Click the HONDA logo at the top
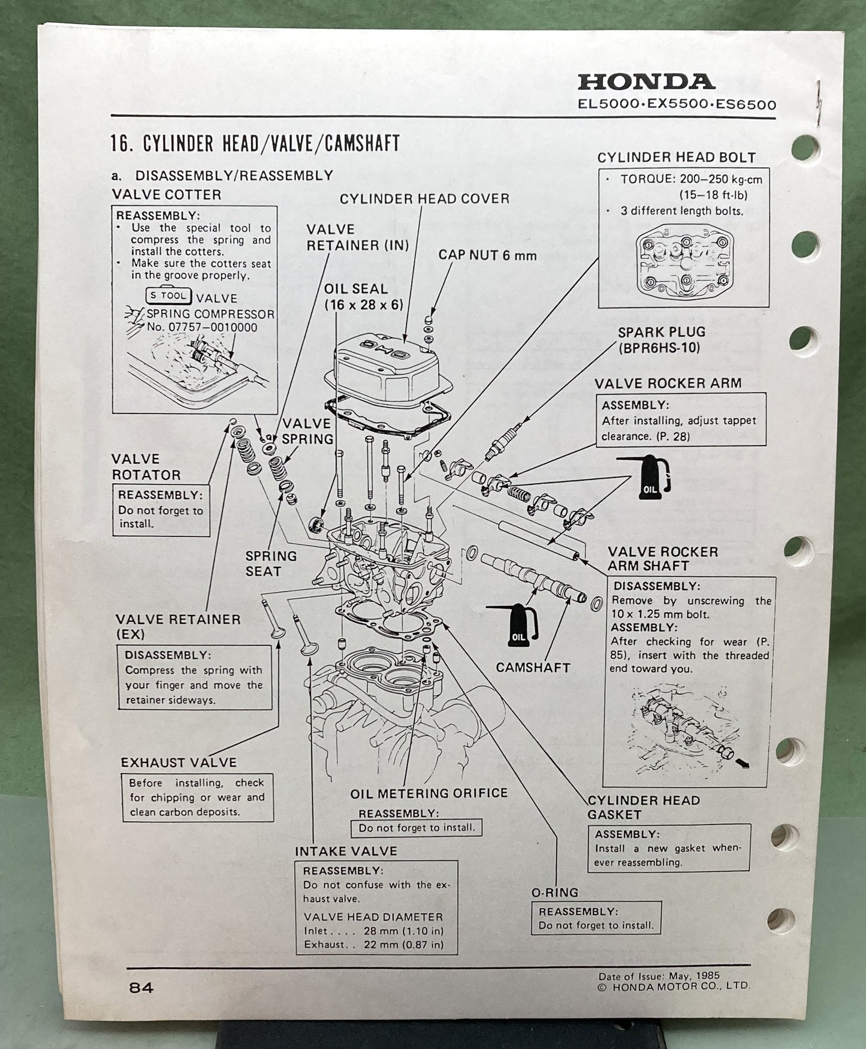pos(646,82)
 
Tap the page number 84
pos(141,988)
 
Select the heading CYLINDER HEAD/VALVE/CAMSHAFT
pos(255,144)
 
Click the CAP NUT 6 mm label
pos(487,255)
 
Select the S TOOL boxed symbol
pos(169,296)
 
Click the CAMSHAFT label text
pos(532,667)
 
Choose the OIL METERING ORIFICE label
pos(429,793)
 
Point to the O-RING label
pos(555,893)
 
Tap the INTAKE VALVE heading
pos(345,851)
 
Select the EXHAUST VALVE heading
pos(179,762)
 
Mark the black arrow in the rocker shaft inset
pos(742,762)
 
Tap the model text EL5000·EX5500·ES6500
pos(677,105)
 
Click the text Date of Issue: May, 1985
pos(659,976)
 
